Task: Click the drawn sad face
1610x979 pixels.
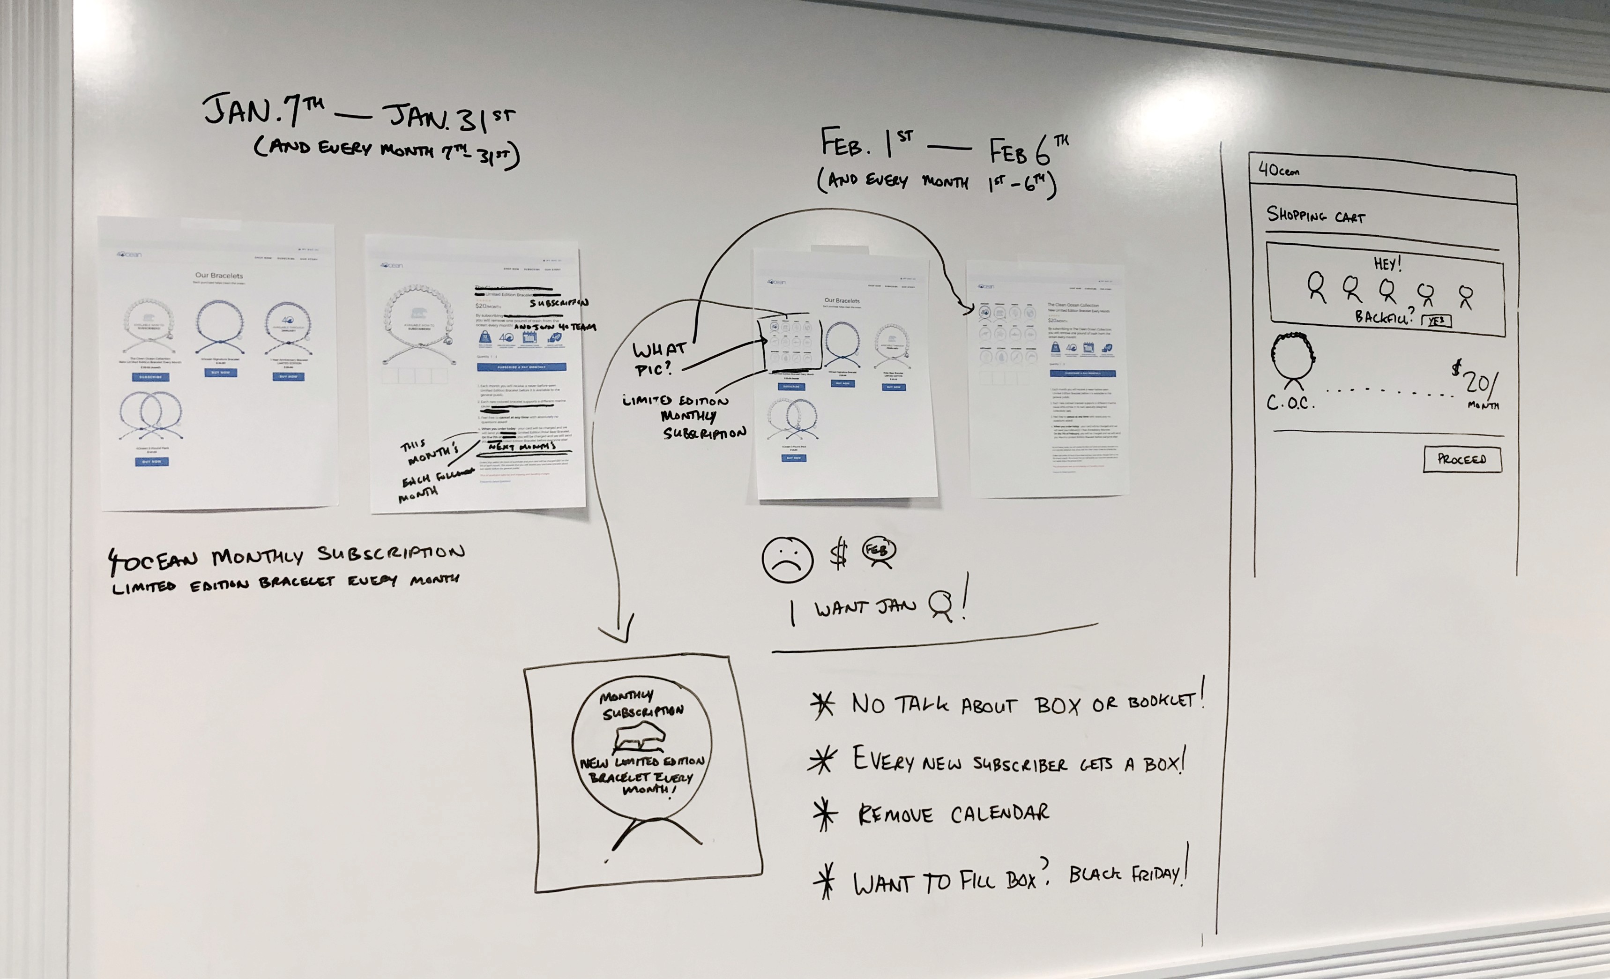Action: (x=787, y=560)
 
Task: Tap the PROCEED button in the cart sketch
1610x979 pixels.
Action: (x=1461, y=459)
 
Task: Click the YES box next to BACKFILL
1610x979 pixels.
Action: (x=1436, y=320)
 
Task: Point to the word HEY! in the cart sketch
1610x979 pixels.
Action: (x=1386, y=263)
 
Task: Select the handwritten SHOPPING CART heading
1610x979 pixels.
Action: (x=1315, y=215)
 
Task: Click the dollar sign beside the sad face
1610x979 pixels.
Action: (x=838, y=554)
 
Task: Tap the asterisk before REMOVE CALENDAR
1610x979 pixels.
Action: (x=825, y=815)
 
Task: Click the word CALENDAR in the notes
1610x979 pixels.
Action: (x=1000, y=814)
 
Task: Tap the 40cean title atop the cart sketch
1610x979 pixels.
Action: (x=1279, y=170)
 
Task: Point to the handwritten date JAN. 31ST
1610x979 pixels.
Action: (x=451, y=118)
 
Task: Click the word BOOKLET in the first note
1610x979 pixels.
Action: (x=1161, y=701)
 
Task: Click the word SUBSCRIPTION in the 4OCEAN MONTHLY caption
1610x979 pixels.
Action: (x=391, y=553)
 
